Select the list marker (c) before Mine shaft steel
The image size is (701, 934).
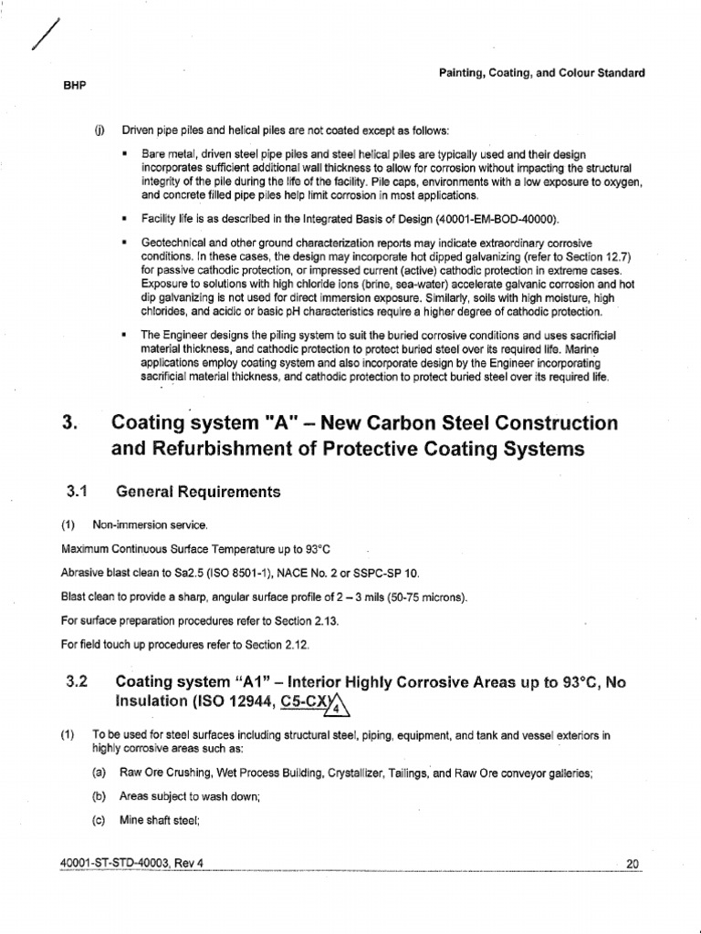click(x=99, y=818)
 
